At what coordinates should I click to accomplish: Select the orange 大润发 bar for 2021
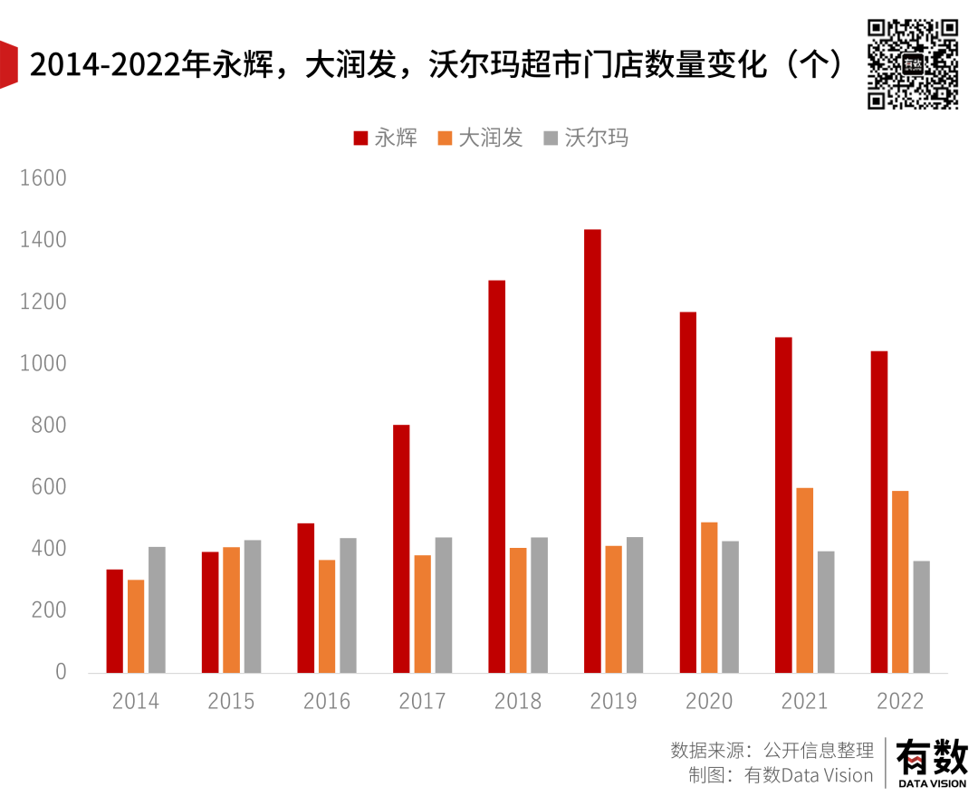pyautogui.click(x=804, y=580)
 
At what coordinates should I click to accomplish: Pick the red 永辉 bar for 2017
pyautogui.click(x=401, y=549)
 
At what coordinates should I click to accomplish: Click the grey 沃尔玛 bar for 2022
pyautogui.click(x=921, y=617)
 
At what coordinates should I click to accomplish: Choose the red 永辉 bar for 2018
pyautogui.click(x=497, y=476)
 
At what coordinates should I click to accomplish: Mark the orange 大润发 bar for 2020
pyautogui.click(x=709, y=598)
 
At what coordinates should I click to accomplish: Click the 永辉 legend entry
pyautogui.click(x=386, y=138)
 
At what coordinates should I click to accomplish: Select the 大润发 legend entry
pyautogui.click(x=481, y=138)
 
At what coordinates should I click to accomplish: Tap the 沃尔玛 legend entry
pyautogui.click(x=586, y=138)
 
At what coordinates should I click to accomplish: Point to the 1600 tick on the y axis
pyautogui.click(x=43, y=178)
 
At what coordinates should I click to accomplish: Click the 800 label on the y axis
pyautogui.click(x=49, y=425)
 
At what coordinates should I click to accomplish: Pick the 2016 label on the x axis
pyautogui.click(x=327, y=701)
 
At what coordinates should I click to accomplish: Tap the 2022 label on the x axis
pyautogui.click(x=900, y=701)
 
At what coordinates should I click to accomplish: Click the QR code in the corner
pyautogui.click(x=913, y=63)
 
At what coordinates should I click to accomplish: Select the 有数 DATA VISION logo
pyautogui.click(x=931, y=763)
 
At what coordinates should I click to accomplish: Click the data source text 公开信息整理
pyautogui.click(x=819, y=750)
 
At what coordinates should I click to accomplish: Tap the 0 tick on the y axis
pyautogui.click(x=61, y=672)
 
